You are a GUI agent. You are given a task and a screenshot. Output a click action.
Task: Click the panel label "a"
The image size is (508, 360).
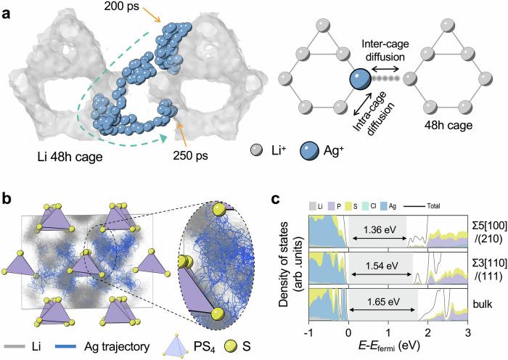pos(6,9)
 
